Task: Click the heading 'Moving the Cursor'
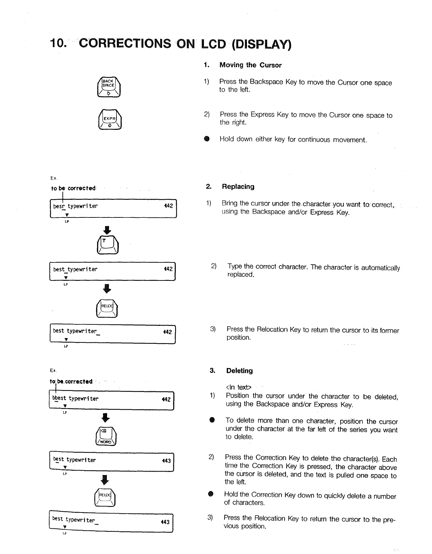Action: click(250, 65)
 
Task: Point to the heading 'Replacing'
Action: click(238, 187)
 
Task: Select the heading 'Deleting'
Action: click(239, 370)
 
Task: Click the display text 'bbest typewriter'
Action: click(75, 399)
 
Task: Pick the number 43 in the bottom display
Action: click(165, 522)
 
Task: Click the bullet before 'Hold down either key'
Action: click(206, 139)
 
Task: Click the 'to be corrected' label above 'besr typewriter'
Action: click(73, 188)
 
